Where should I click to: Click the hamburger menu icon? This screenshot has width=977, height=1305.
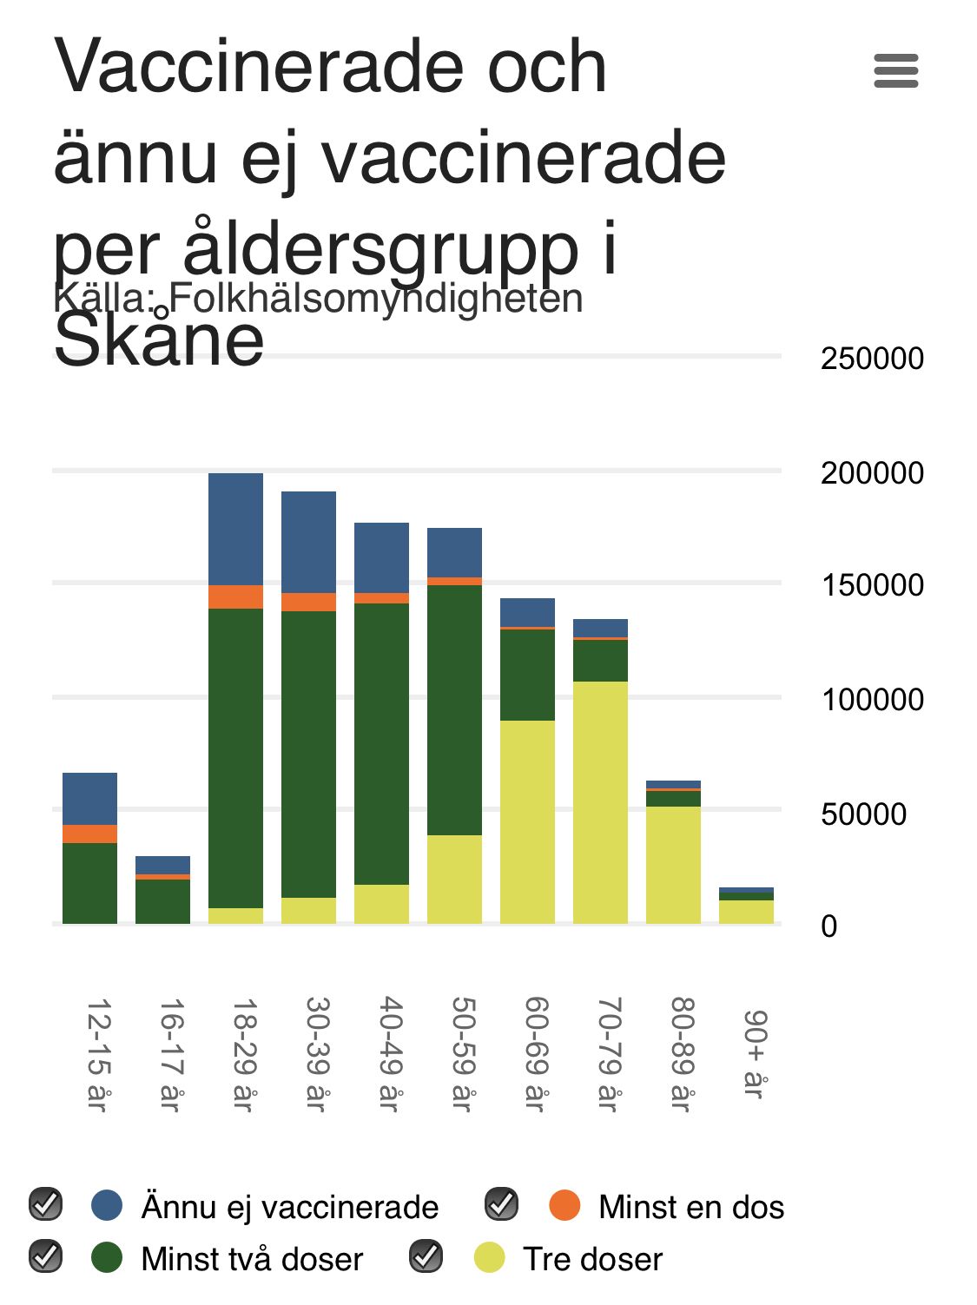(895, 70)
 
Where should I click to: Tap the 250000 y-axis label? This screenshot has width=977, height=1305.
(871, 358)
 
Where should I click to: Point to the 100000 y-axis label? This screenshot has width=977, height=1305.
(871, 699)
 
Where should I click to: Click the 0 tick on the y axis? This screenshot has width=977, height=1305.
(828, 926)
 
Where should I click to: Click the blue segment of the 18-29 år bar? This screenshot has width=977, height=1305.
(235, 529)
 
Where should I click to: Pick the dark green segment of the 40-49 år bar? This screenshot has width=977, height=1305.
(381, 743)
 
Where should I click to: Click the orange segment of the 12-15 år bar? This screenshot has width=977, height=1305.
(89, 834)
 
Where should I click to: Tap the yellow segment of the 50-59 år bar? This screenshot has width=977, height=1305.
(454, 879)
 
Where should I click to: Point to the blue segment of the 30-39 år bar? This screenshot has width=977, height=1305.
(308, 542)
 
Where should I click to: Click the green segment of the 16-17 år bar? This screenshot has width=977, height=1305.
(162, 900)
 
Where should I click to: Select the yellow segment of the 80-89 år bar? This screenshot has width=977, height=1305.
(673, 864)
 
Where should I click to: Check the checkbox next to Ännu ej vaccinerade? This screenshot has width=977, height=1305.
(45, 1205)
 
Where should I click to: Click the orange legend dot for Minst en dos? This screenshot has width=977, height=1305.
(564, 1205)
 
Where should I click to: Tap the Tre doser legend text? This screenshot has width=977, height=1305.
(592, 1259)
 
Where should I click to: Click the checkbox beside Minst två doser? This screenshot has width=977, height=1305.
(45, 1257)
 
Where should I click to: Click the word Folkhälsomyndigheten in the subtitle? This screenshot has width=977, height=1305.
(376, 298)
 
